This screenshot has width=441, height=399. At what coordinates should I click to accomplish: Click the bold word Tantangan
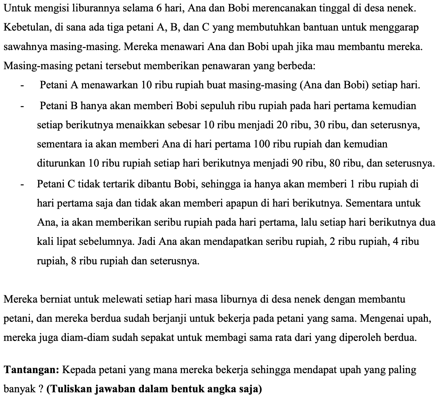(32, 370)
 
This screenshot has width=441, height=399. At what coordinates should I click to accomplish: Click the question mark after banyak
(41, 389)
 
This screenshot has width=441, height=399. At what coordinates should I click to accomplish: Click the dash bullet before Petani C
(22, 184)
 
